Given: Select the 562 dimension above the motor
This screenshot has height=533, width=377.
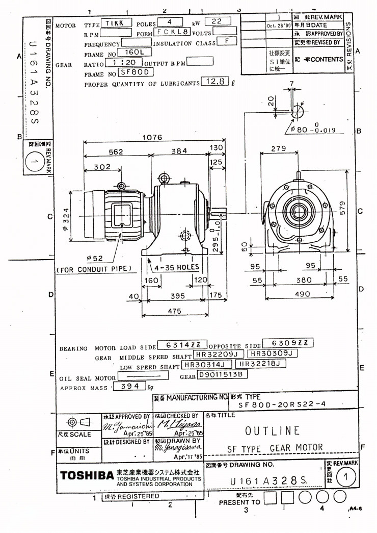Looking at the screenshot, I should coord(116,151).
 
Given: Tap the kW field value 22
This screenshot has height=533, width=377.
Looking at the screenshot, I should coord(217,21).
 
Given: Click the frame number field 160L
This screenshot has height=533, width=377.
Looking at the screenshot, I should coord(131,52).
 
